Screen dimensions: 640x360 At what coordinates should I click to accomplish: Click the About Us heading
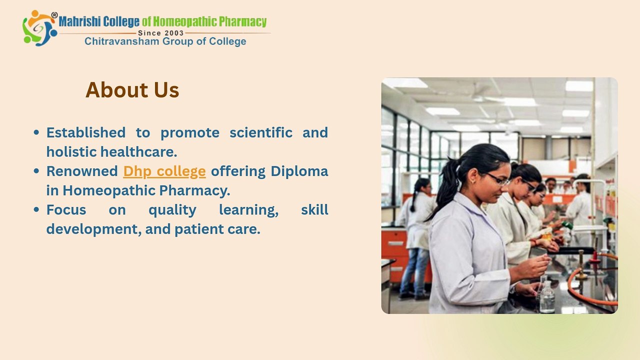click(x=132, y=90)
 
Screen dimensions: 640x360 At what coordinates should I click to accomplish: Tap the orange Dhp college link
click(x=164, y=171)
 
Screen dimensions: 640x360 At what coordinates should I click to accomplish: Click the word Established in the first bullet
click(x=86, y=132)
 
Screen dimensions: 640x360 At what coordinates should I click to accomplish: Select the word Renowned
click(x=82, y=171)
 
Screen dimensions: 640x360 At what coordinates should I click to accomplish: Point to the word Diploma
click(x=299, y=171)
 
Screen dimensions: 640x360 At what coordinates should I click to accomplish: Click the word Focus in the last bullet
click(x=66, y=209)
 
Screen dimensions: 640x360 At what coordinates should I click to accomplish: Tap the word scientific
click(x=261, y=132)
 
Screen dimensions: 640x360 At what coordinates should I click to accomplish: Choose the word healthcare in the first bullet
click(x=138, y=151)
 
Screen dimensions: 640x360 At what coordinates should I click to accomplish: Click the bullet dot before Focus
click(x=36, y=209)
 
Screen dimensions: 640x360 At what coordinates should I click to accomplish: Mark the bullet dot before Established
click(x=36, y=132)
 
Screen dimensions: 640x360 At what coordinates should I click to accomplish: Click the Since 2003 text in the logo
click(x=160, y=33)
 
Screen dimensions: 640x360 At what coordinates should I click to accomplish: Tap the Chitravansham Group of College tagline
click(x=165, y=41)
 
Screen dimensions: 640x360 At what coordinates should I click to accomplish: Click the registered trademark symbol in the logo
click(x=54, y=15)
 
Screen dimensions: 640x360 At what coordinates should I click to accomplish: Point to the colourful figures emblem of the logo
click(x=39, y=28)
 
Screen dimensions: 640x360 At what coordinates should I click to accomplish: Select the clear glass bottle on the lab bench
click(x=547, y=296)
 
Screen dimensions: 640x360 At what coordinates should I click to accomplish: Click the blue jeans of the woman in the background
click(x=414, y=271)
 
